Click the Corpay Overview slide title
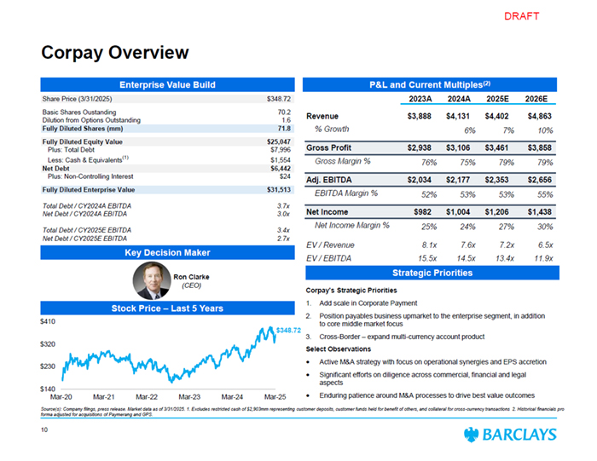click(x=115, y=53)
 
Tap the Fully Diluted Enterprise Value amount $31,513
click(x=279, y=189)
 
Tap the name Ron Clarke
click(x=191, y=276)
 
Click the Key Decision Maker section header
click(x=167, y=252)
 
